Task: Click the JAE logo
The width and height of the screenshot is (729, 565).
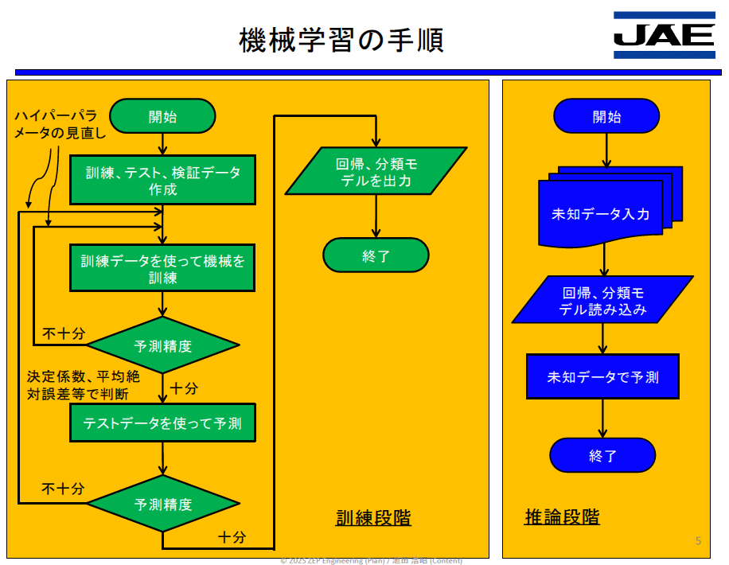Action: coord(664,35)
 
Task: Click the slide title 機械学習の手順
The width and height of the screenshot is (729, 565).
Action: coord(341,40)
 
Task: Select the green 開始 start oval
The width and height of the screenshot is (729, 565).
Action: coord(162,116)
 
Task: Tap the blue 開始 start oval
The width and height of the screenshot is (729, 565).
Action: coord(606,116)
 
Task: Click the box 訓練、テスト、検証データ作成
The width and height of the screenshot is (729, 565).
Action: coord(162,181)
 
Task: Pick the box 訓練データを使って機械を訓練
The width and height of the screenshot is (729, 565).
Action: coord(162,269)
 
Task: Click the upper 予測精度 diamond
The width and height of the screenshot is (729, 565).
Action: coord(162,345)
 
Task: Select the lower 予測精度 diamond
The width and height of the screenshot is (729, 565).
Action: coord(162,505)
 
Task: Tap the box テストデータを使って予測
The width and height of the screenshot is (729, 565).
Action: coord(162,423)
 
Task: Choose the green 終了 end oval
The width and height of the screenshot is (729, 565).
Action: coord(375,255)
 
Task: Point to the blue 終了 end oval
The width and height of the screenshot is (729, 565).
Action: coord(602,455)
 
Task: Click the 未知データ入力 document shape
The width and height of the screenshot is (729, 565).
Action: coord(602,212)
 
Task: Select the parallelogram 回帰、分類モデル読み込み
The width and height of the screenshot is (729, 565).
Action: coord(602,300)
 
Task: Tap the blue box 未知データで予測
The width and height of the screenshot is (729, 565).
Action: coord(602,376)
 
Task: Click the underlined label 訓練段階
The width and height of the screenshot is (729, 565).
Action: coord(373,517)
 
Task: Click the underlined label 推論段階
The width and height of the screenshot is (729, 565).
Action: coord(562,517)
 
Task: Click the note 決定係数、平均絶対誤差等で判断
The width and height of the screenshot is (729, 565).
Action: coord(83,384)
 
